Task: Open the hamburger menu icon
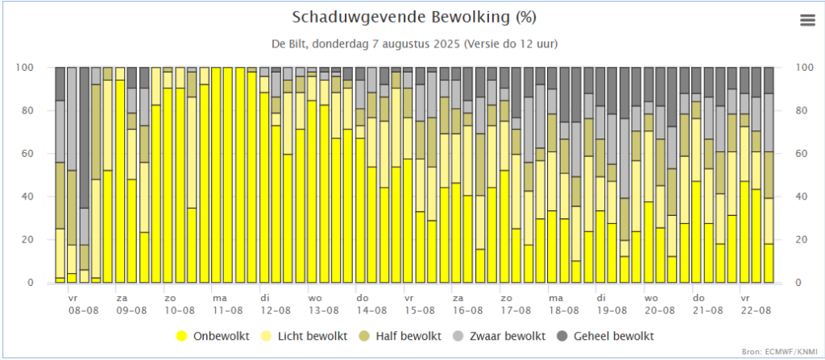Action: click(x=807, y=21)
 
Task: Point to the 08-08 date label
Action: click(x=84, y=309)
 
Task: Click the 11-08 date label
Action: click(x=227, y=309)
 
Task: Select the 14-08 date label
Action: click(x=371, y=309)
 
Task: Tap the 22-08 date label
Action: click(x=756, y=309)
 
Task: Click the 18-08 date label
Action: click(x=564, y=309)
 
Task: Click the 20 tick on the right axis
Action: click(x=802, y=239)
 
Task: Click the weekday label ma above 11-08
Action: click(x=220, y=297)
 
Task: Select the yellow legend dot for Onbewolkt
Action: click(x=183, y=336)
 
